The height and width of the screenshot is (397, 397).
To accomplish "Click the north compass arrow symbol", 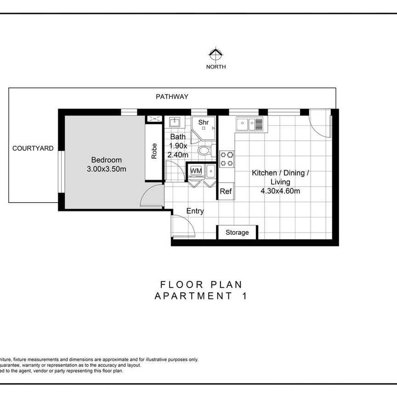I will pos(216,55).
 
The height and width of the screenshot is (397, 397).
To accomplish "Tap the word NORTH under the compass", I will pos(216,67).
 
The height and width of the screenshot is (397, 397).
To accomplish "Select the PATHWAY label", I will pos(172,96).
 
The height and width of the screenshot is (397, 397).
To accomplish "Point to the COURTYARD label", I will pos(33,148).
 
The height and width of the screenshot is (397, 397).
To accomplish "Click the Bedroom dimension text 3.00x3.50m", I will pos(107,169).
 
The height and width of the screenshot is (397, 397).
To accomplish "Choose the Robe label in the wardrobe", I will pos(154,151).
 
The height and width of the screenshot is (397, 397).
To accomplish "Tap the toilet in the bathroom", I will pos(204,150).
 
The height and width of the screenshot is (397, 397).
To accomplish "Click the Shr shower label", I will pos(204,123).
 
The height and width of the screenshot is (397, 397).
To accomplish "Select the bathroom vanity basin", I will pos(174,122).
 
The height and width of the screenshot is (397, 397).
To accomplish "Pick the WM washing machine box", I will pos(196,171).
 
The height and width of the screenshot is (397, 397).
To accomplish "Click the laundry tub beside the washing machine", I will pos(210,171).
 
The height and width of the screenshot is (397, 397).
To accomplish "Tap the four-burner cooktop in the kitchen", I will pos(227,159).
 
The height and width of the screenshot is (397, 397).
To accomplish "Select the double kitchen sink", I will pos(250,124).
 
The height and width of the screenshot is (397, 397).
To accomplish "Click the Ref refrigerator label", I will pos(226,192).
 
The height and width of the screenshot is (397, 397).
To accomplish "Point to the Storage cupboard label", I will pos(237,233).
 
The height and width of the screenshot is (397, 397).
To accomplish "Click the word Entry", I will pos(195,211).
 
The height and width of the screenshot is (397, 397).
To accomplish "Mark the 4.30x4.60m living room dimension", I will pos(280,191).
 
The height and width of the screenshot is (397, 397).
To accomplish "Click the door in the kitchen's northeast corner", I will pos(320,123).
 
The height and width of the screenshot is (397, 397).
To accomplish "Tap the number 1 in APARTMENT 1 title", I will pos(244,296).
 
